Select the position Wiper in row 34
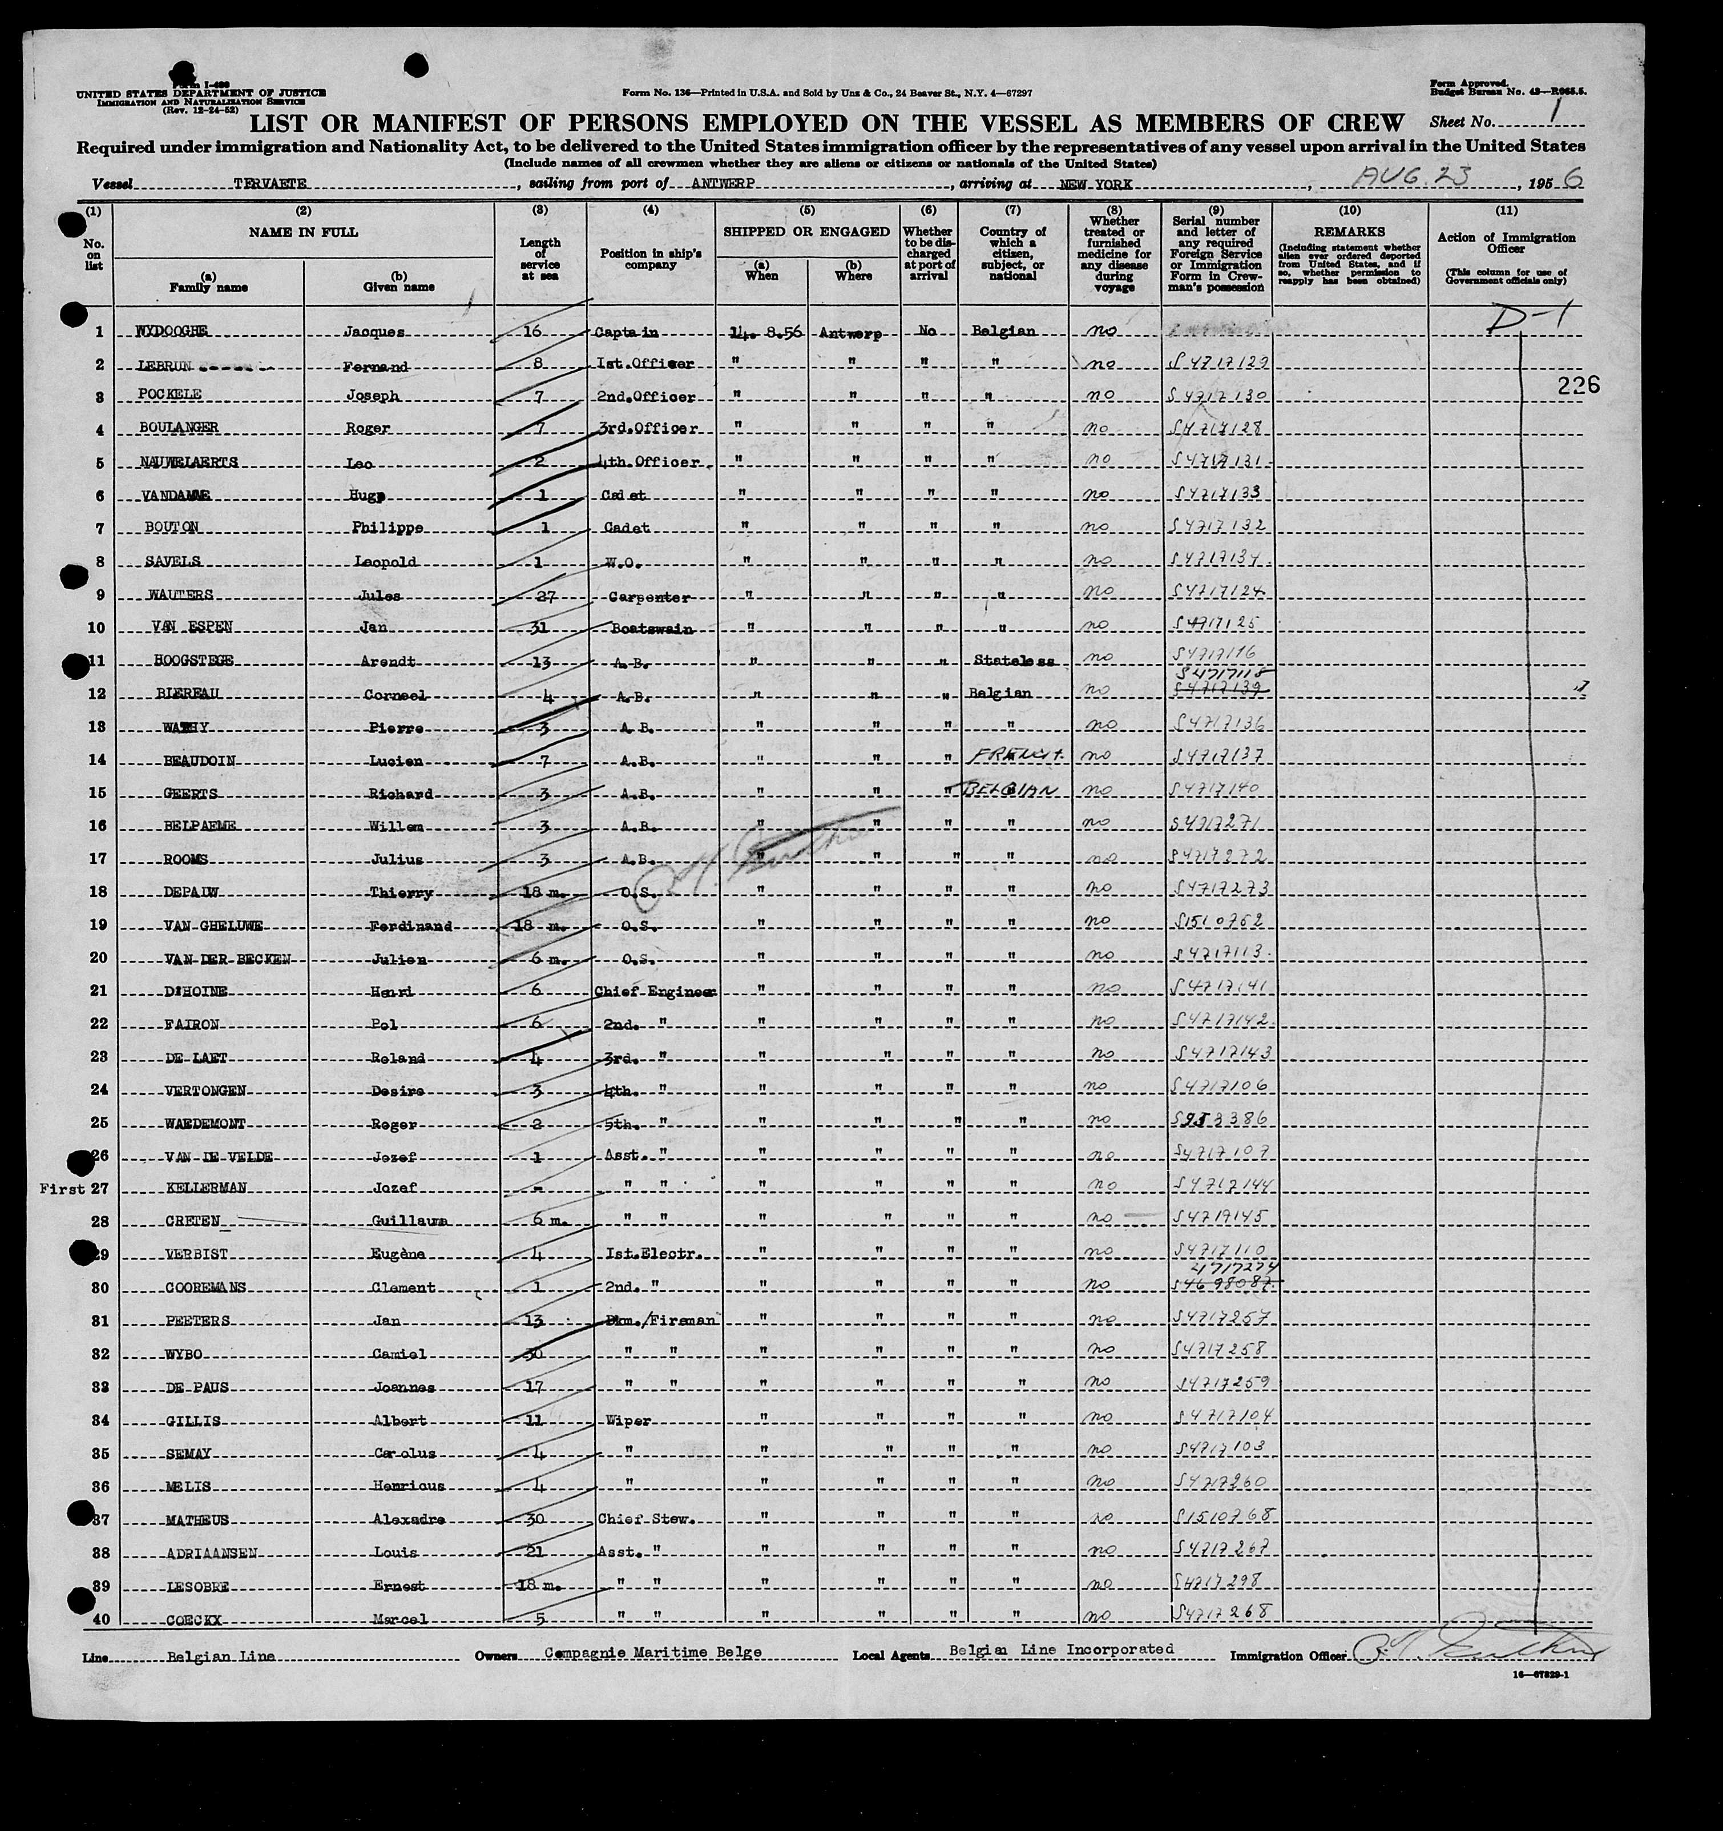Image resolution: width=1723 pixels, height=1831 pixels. (629, 1420)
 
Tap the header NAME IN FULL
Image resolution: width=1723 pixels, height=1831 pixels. (304, 232)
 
